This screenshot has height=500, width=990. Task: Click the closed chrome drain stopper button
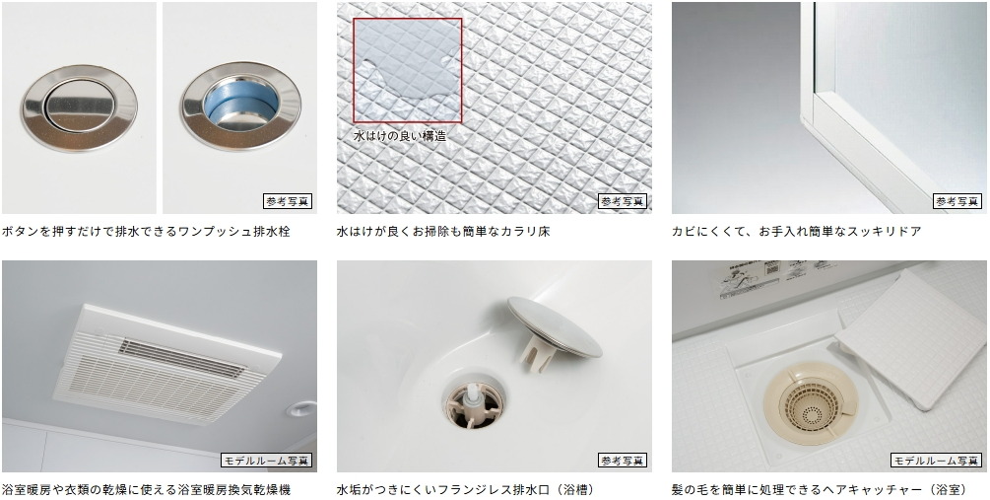coord(80,107)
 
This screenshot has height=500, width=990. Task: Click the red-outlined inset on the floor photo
coord(407,70)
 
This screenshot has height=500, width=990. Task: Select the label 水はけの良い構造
coord(400,135)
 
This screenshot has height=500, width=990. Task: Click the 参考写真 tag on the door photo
coord(957,201)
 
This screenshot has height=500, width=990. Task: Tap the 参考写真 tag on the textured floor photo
coord(623,201)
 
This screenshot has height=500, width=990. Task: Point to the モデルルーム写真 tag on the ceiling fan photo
coord(266,461)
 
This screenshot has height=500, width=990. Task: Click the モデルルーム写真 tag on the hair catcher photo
coord(937,461)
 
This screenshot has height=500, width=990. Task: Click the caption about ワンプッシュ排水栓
coord(146,232)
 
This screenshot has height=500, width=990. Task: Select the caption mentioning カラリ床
coord(443,232)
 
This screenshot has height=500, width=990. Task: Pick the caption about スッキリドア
coord(796,232)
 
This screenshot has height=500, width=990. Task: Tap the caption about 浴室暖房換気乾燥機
coord(146,490)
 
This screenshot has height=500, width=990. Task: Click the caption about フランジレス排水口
coord(466,490)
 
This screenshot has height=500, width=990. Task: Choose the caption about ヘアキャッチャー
coord(820,490)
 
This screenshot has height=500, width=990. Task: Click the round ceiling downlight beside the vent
coord(300,409)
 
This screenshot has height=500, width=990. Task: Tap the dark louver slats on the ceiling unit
coord(180,358)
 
